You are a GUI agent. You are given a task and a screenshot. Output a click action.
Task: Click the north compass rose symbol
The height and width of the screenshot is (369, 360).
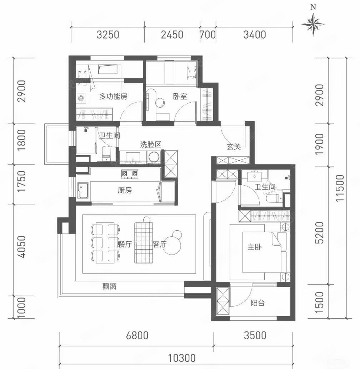coord(313,24)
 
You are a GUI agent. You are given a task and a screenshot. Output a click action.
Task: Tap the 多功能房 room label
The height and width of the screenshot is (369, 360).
coord(113,96)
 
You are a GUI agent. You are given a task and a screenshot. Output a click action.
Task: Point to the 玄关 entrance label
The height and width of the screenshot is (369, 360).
coord(233,146)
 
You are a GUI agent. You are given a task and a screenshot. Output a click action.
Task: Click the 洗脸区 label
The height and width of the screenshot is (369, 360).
coord(151,144)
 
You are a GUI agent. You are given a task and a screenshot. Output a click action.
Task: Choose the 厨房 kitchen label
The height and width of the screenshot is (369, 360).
coord(125,190)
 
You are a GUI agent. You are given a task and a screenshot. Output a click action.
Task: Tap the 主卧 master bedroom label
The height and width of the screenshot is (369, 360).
coord(254,247)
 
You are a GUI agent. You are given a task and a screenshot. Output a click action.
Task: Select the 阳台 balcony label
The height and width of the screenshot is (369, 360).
coord(257,303)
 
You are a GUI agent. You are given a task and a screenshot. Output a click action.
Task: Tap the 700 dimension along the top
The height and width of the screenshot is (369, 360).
coord(208,35)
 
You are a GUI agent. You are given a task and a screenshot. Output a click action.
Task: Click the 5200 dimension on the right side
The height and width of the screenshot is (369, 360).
coord(320,232)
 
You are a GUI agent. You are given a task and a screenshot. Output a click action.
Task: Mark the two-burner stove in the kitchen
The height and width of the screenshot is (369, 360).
coord(130,174)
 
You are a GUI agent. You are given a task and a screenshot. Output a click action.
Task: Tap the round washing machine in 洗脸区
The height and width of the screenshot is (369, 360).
coord(154,157)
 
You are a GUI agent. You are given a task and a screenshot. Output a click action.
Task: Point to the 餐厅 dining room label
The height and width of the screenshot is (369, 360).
coord(124,245)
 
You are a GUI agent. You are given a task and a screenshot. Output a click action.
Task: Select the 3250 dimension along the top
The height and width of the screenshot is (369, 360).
coord(107,35)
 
